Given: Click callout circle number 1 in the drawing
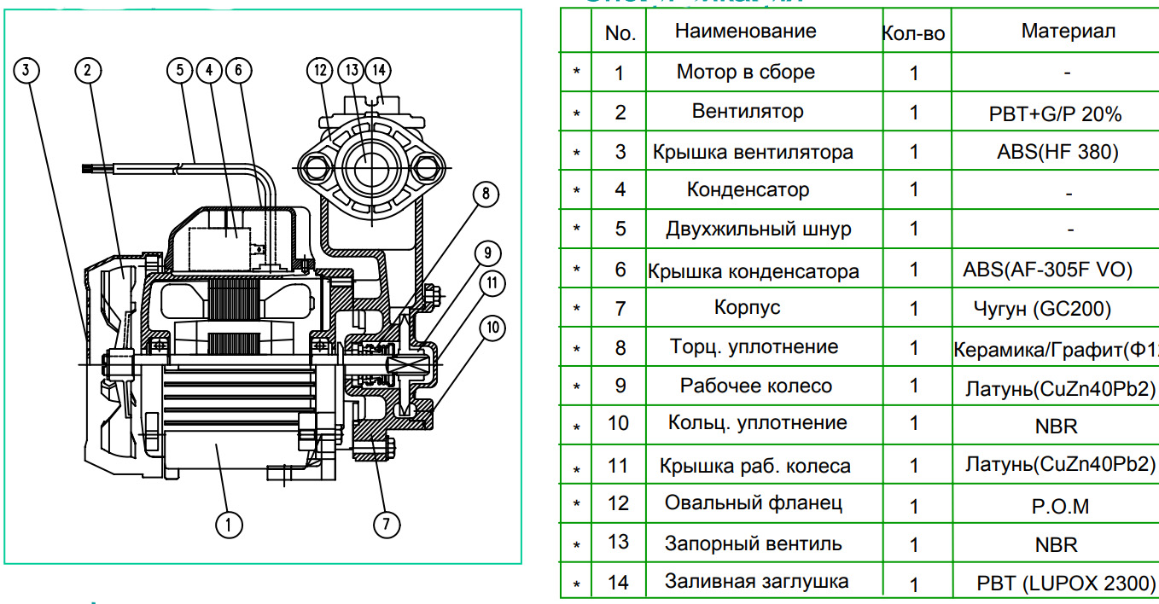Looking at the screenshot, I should coord(228,523).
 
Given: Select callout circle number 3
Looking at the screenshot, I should coord(27,71).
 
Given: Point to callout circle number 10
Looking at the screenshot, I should coord(492,327).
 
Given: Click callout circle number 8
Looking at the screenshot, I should coord(485,195).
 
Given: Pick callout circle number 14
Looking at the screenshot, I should coord(379,71).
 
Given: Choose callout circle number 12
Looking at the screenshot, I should coord(321,71).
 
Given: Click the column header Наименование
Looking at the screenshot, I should coord(745,32).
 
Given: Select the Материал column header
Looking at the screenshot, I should coord(1068,32).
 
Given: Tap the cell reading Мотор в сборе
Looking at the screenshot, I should coord(745,73).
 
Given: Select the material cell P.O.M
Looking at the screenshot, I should coord(1060,506).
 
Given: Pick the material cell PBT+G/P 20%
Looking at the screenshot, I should coord(1054,113).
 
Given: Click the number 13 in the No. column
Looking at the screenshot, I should coord(619,543).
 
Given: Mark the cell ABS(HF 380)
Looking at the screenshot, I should coord(1057,153).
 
